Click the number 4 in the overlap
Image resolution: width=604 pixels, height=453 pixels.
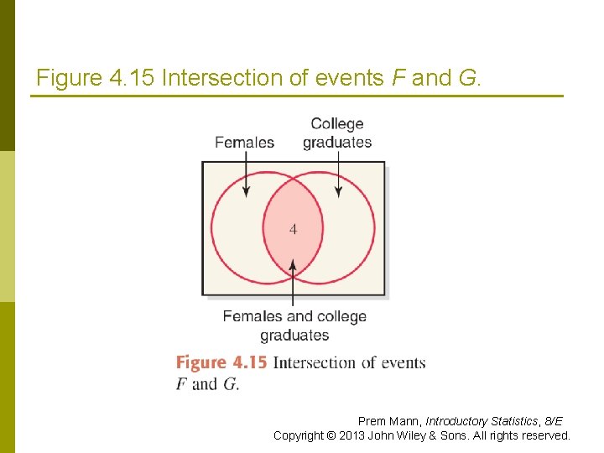293,228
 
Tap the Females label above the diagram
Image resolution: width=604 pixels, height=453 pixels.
244,142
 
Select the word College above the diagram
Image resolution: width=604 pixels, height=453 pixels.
337,124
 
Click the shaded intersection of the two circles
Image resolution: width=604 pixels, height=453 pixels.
293,247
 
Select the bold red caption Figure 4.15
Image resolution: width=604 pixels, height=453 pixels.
221,362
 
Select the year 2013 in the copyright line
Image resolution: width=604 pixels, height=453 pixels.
351,435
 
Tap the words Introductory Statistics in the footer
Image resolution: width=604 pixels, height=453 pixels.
482,421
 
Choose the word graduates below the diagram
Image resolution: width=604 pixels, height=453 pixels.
294,336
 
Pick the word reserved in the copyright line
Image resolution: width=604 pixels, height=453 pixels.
544,435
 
